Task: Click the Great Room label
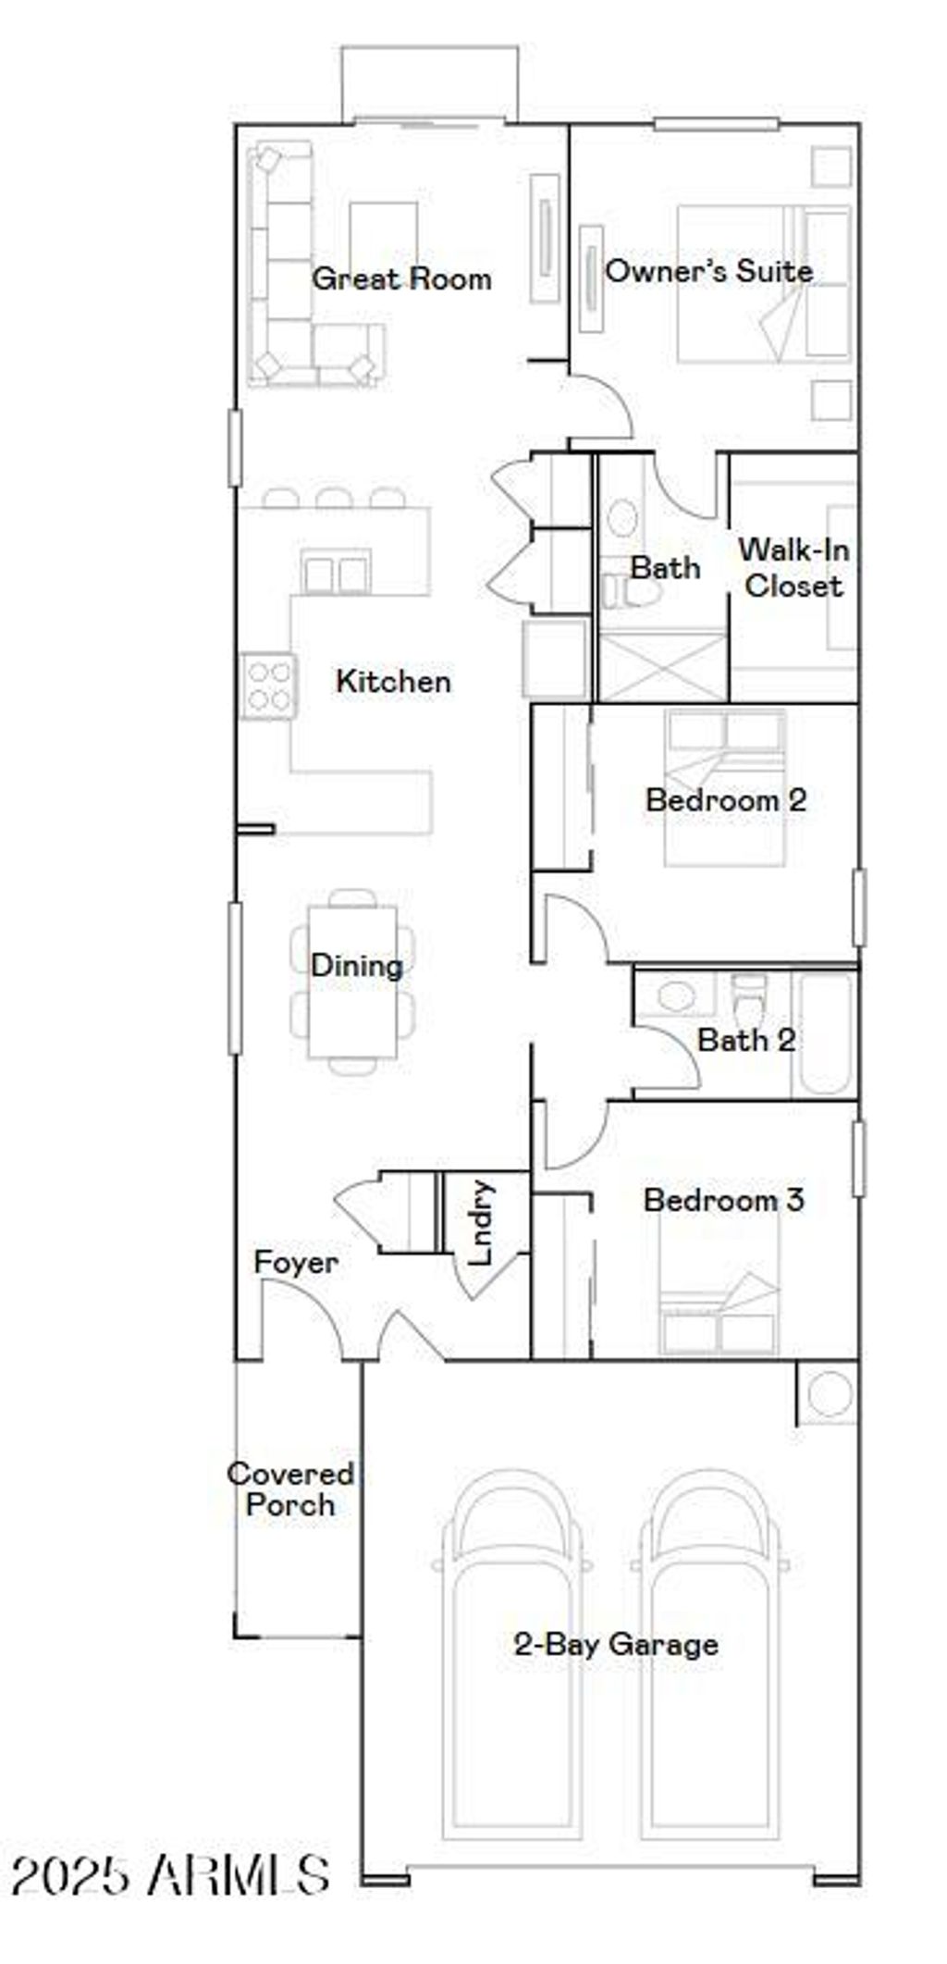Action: point(401,278)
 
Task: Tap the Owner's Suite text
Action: point(708,271)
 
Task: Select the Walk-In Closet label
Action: point(793,567)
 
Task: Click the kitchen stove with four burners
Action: point(269,686)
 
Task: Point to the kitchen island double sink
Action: point(336,574)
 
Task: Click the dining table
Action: point(353,982)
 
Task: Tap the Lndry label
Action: point(482,1221)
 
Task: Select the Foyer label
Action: point(295,1262)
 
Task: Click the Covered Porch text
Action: point(290,1488)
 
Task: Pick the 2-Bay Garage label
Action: point(616,1644)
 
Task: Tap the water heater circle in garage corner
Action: point(830,1394)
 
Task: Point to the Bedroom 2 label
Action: point(725,799)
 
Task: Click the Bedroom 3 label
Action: point(723,1200)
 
